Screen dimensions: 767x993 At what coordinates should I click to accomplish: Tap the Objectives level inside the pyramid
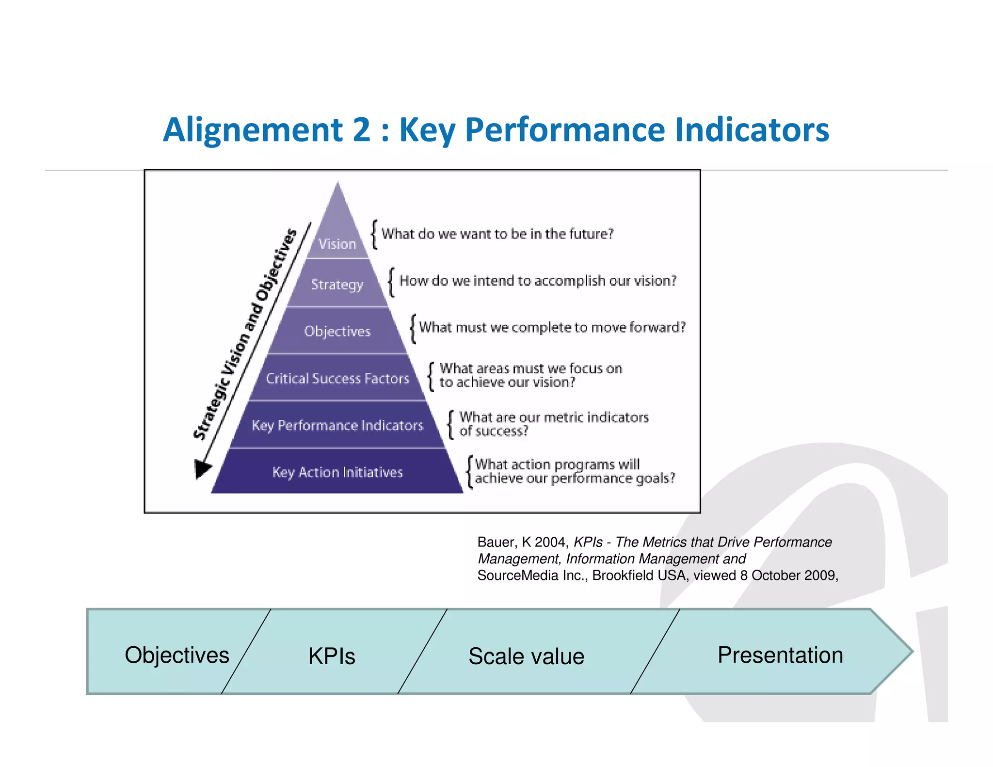pos(337,331)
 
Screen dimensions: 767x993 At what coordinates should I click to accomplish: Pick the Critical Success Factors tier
pos(337,378)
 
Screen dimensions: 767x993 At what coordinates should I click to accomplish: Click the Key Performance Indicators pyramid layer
pos(337,425)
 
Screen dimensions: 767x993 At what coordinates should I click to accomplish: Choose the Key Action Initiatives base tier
pos(337,472)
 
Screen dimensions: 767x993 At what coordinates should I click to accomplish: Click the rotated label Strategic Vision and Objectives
pos(245,335)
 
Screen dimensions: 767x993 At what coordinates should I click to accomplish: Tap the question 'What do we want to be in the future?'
pos(497,234)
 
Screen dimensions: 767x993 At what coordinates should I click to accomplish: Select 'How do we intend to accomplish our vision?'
pos(538,281)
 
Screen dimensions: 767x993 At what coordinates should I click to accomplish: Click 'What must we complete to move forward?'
pos(552,327)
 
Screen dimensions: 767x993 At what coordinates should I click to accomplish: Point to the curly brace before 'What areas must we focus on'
pos(431,376)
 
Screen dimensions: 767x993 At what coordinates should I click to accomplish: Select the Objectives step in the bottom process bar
pos(177,655)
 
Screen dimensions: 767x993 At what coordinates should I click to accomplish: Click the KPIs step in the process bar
pos(332,656)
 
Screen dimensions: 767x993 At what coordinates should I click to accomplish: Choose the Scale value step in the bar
pos(526,656)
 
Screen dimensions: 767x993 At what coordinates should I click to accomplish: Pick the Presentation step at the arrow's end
pos(780,655)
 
